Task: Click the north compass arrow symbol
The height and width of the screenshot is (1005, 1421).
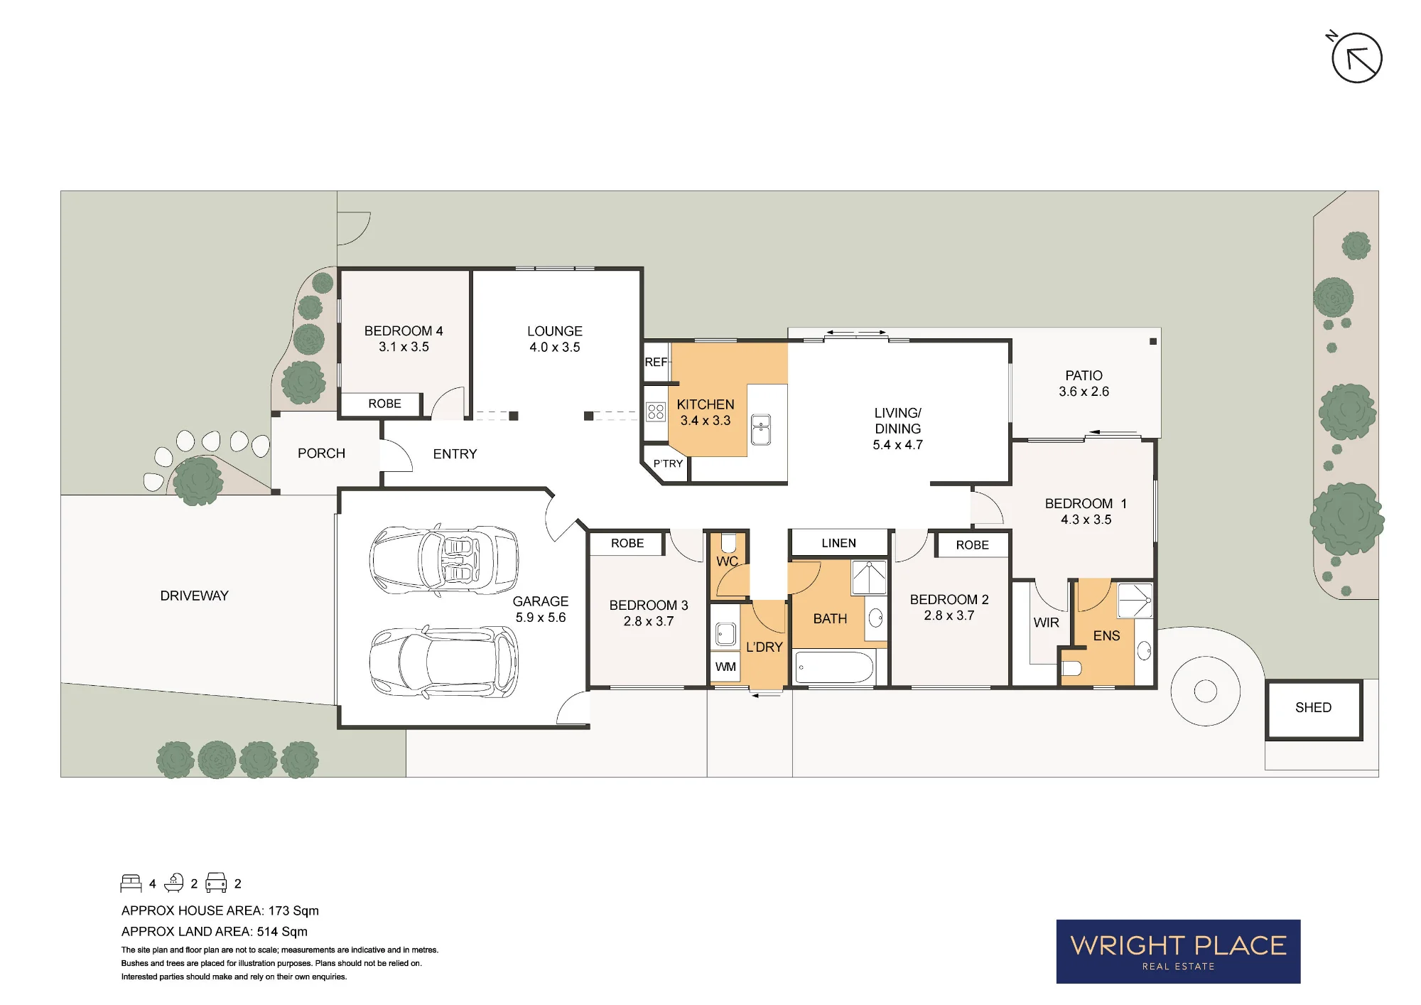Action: (x=1356, y=58)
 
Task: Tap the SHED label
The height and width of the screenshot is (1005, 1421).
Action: (x=1313, y=707)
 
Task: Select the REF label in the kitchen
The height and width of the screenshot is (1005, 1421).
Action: (x=656, y=362)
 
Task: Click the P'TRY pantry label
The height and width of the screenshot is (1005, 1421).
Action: (x=668, y=463)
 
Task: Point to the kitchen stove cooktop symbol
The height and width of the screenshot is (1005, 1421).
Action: (x=656, y=412)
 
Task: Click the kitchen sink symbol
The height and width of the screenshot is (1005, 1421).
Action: (x=760, y=429)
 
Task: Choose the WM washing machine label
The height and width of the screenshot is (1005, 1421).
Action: (x=725, y=667)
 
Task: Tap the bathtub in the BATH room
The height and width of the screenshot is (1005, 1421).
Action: (x=834, y=668)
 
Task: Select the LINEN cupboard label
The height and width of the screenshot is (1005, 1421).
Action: (x=838, y=543)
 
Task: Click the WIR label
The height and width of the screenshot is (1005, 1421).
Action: (x=1046, y=623)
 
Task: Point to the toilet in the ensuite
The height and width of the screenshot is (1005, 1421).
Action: (x=1071, y=667)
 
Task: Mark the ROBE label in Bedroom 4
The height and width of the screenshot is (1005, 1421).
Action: (x=384, y=404)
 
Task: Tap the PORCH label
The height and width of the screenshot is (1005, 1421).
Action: (x=321, y=453)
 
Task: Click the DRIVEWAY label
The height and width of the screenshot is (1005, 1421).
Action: (x=194, y=596)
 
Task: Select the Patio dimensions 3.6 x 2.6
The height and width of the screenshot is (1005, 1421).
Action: (x=1084, y=392)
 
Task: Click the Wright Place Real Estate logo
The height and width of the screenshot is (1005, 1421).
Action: (x=1178, y=952)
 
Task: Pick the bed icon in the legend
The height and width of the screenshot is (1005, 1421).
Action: (x=131, y=883)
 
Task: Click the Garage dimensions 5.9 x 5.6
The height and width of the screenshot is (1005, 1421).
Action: (x=541, y=618)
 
